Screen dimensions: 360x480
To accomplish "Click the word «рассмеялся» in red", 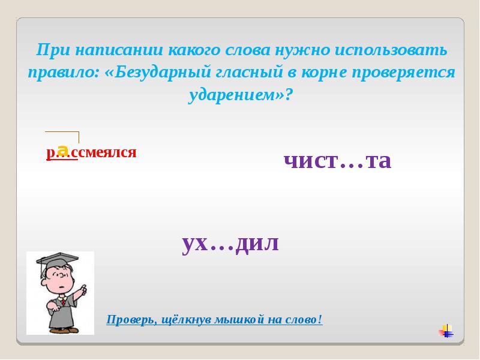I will click(92, 153).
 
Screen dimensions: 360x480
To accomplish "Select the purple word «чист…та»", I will click(337, 160).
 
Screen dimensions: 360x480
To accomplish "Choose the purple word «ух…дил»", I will click(230, 243).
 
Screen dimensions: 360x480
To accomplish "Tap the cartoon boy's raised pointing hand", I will click(82, 291).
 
